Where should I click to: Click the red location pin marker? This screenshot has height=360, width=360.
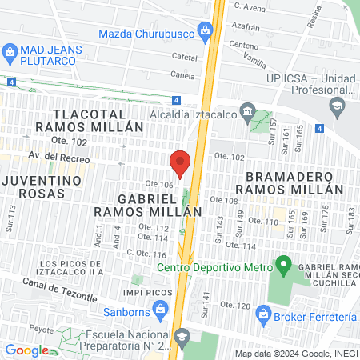tap(181, 163)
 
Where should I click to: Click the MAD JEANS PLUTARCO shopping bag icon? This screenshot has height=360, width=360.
tap(10, 54)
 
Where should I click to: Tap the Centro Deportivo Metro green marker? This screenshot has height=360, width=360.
tap(282, 263)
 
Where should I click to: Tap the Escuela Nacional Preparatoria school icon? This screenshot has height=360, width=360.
tap(182, 336)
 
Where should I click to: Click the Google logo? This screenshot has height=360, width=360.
tap(27, 350)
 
